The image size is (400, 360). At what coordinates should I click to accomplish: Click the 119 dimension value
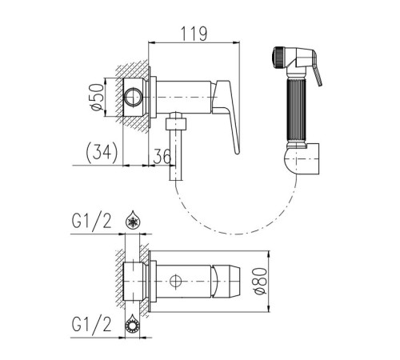point(194,34)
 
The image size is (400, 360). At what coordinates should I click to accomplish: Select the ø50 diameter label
point(97,97)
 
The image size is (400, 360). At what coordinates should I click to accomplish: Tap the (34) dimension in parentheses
point(102,153)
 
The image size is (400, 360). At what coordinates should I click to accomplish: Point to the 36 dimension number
point(162,157)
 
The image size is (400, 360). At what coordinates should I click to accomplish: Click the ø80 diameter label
point(261,281)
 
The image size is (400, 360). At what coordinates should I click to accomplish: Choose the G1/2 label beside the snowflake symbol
point(91,221)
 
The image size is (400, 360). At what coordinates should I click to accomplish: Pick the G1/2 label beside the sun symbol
point(91,325)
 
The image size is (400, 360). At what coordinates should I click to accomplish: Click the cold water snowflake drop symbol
point(132,220)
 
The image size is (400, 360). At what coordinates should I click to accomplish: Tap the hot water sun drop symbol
point(132,323)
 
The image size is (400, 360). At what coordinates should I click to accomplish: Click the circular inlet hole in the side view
point(134,98)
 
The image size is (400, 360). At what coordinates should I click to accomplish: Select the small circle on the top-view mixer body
point(176,282)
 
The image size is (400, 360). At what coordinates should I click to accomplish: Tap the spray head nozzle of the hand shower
point(278,58)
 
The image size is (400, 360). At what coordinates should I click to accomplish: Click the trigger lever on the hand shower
point(318,74)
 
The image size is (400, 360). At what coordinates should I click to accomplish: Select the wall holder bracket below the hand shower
point(302,159)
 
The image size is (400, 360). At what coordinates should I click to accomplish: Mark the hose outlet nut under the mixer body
point(176,124)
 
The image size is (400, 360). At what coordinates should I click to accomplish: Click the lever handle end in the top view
point(226,281)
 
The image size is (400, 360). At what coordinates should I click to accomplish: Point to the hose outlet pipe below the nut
point(176,155)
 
